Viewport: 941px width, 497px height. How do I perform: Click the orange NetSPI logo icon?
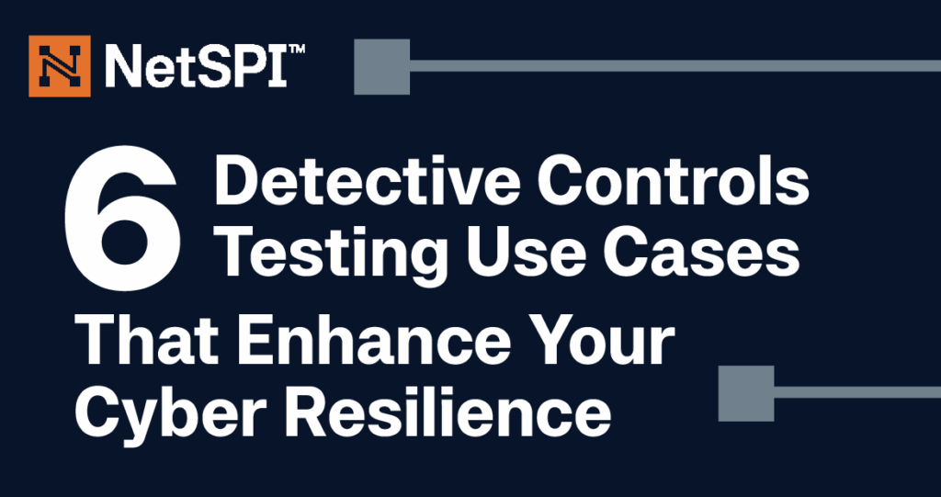(x=60, y=66)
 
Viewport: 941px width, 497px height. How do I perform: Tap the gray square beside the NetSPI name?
(x=381, y=67)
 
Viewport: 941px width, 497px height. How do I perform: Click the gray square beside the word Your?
(x=746, y=393)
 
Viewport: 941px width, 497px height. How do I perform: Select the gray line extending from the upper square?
(x=675, y=66)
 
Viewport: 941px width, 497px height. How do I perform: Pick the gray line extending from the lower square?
(x=857, y=392)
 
